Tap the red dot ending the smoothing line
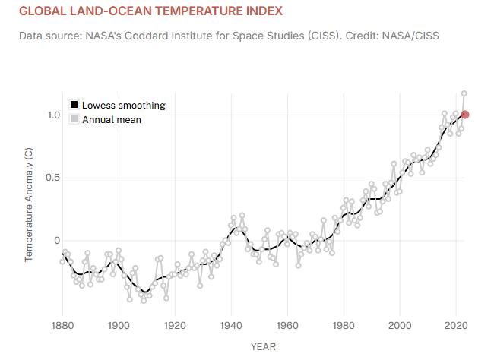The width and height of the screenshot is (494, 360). [x=466, y=115]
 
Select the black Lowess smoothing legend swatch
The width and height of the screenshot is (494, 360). [x=74, y=106]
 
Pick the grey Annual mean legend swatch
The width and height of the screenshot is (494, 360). [x=74, y=119]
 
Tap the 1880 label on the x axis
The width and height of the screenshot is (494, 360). [x=62, y=326]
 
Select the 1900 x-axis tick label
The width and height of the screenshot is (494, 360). [x=119, y=326]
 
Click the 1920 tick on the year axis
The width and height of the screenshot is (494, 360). [x=175, y=326]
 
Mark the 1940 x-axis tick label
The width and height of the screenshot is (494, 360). [x=231, y=326]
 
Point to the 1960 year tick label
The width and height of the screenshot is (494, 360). [x=287, y=326]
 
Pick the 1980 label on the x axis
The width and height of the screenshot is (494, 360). [x=344, y=326]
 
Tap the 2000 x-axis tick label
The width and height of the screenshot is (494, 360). [x=400, y=326]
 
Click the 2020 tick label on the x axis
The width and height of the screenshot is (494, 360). [x=456, y=326]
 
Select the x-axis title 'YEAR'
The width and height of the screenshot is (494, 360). [x=263, y=347]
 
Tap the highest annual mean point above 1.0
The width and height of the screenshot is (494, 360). [x=464, y=94]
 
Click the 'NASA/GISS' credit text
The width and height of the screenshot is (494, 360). [x=414, y=36]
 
